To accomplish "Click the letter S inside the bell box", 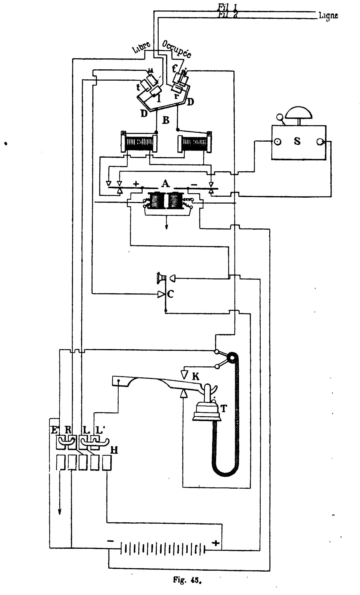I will click(297, 141).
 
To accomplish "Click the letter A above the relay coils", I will click(165, 184).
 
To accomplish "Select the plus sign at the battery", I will click(216, 543).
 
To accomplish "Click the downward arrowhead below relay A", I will click(166, 227).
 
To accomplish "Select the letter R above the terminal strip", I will click(68, 430).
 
